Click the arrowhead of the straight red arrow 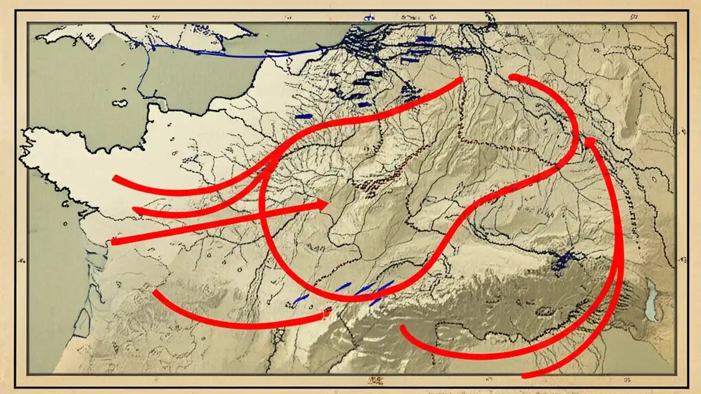click(323, 205)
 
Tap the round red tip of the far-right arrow click(589, 142)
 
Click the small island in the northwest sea click(119, 103)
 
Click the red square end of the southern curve click(327, 314)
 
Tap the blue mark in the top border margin click(365, 17)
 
